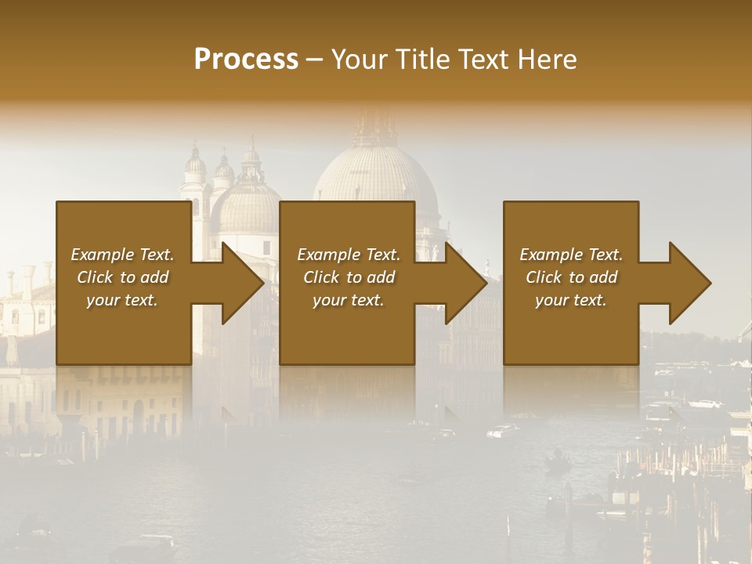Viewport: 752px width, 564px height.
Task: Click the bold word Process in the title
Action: pos(246,60)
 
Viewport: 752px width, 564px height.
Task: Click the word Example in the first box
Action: pos(103,255)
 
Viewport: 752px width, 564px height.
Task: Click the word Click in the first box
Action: pos(94,277)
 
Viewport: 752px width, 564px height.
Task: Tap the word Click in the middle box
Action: pos(320,277)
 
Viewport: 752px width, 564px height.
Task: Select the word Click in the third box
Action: pos(543,277)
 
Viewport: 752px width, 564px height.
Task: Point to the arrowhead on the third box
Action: pos(689,284)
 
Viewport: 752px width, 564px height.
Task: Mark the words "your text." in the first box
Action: pos(122,300)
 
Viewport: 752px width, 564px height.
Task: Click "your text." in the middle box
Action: pos(349,300)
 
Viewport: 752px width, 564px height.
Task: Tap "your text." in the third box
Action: pos(571,300)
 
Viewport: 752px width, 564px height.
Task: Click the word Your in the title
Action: pos(357,60)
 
